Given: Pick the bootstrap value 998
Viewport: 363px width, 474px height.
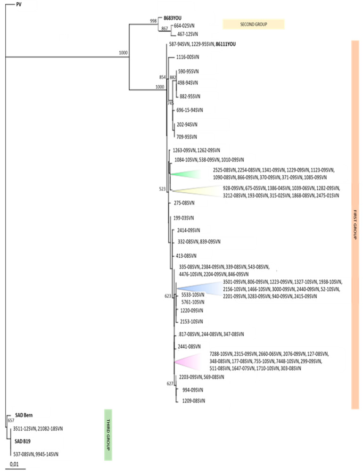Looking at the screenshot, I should click(x=152, y=21).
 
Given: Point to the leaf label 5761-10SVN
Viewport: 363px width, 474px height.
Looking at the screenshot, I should click(x=192, y=302).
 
